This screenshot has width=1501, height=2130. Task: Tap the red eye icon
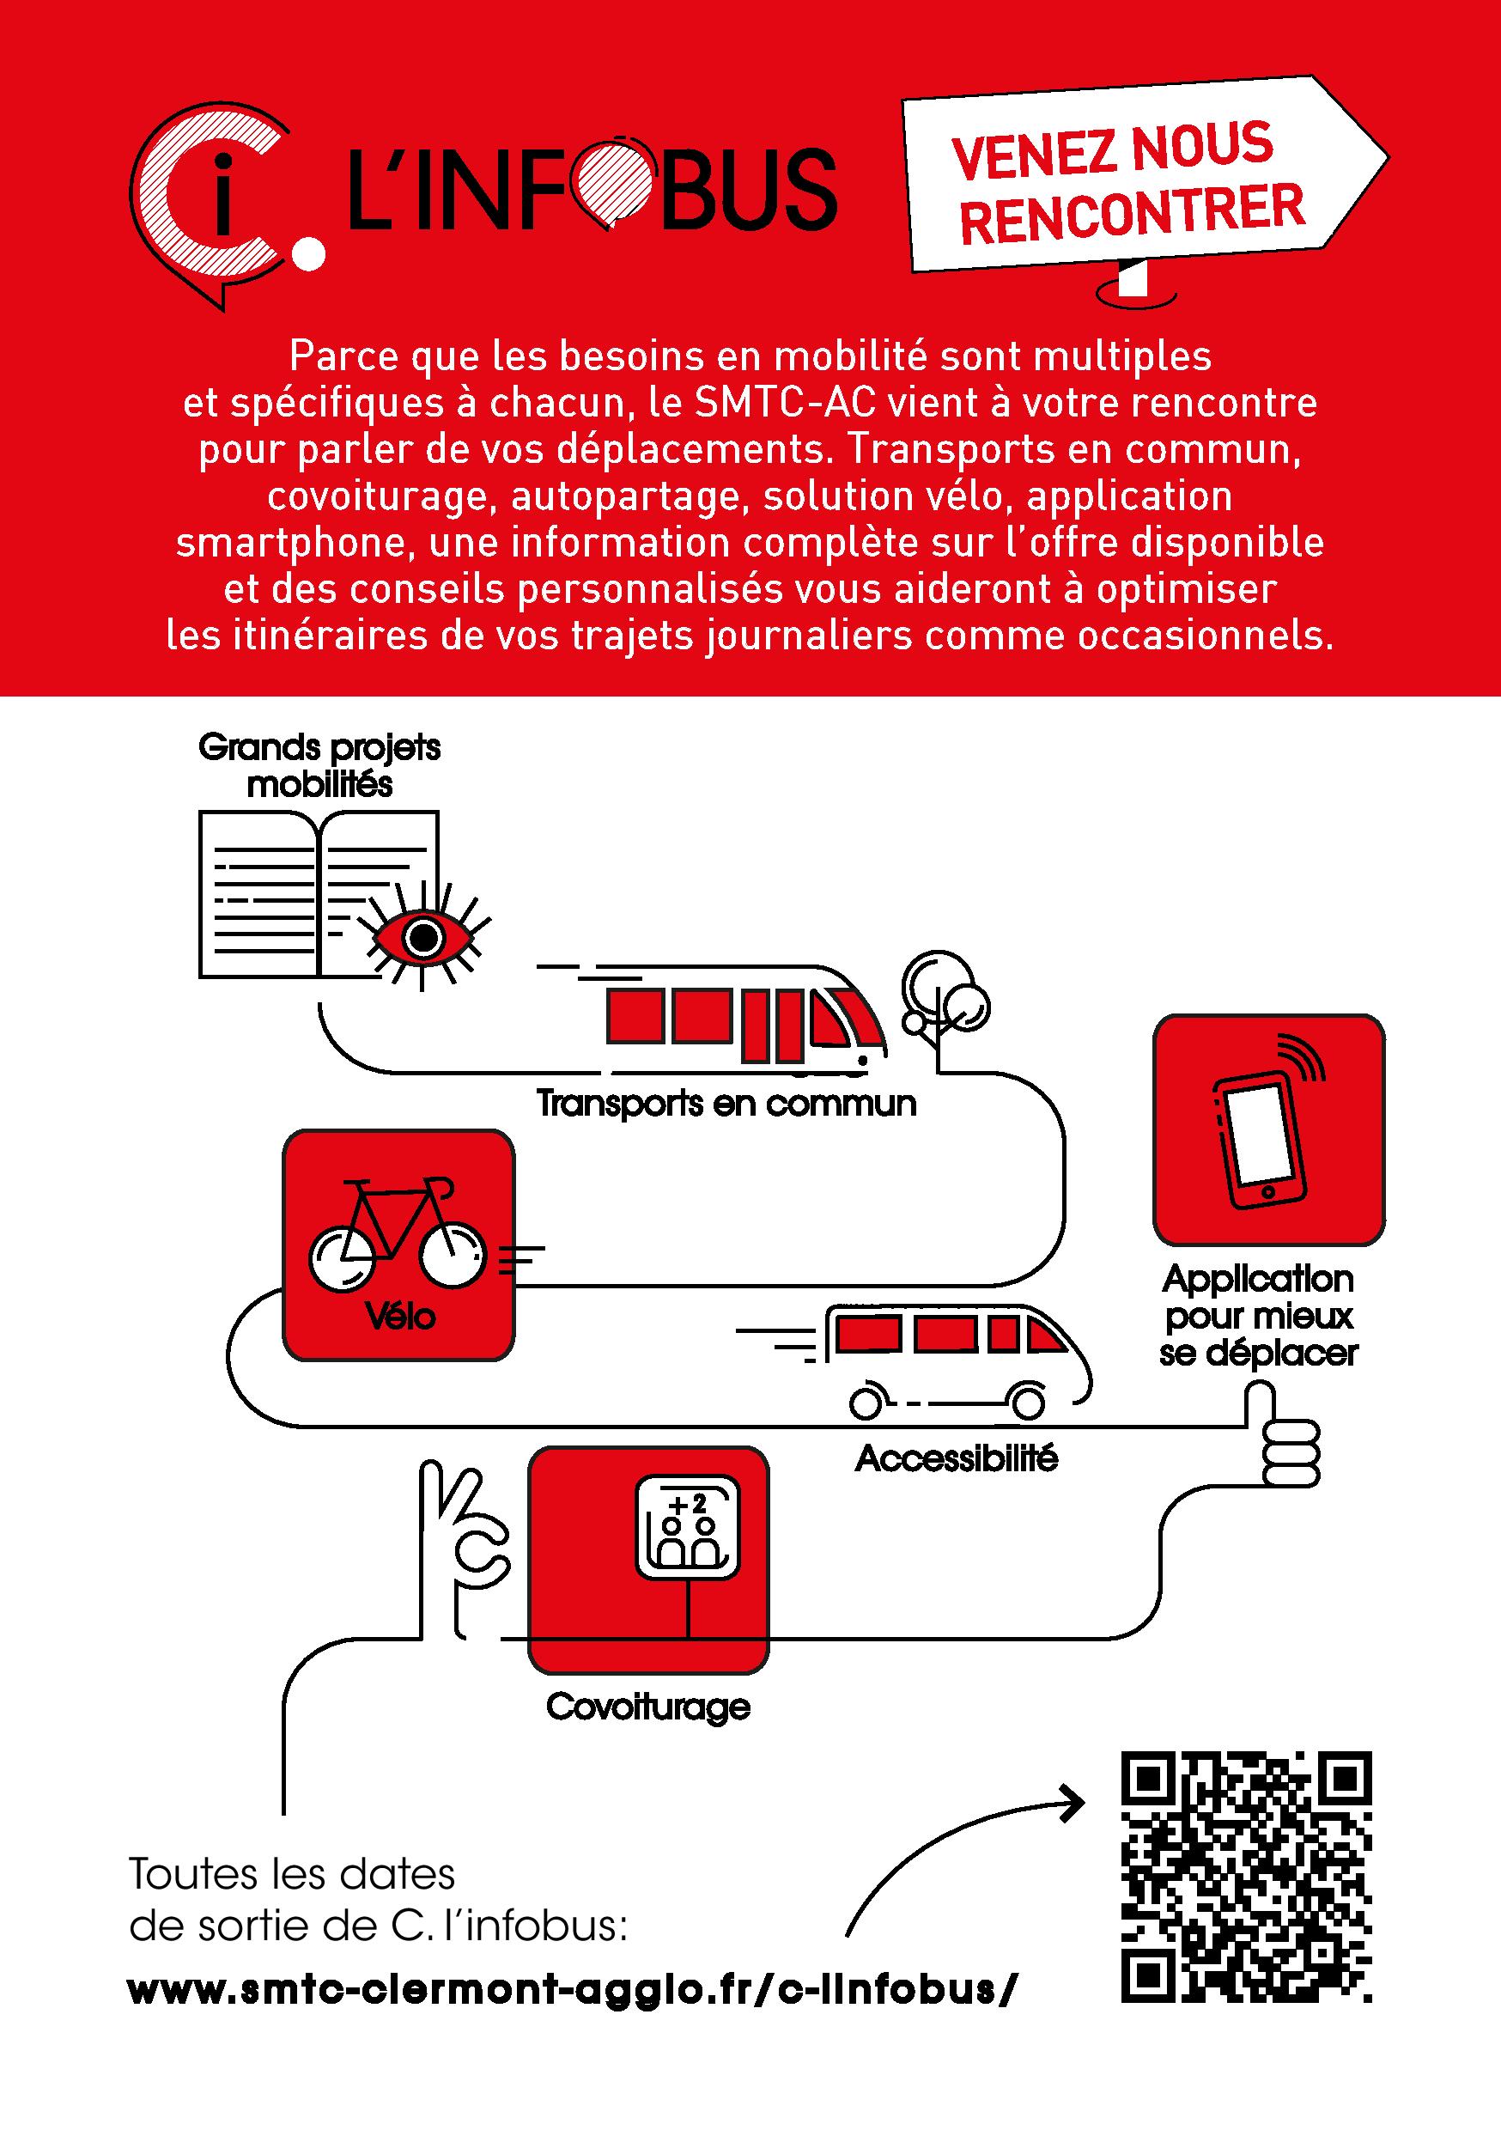[x=424, y=938]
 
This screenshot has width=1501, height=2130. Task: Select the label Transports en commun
[x=726, y=1104]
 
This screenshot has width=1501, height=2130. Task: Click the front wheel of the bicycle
[x=453, y=1257]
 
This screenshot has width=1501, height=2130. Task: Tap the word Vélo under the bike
[x=400, y=1317]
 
